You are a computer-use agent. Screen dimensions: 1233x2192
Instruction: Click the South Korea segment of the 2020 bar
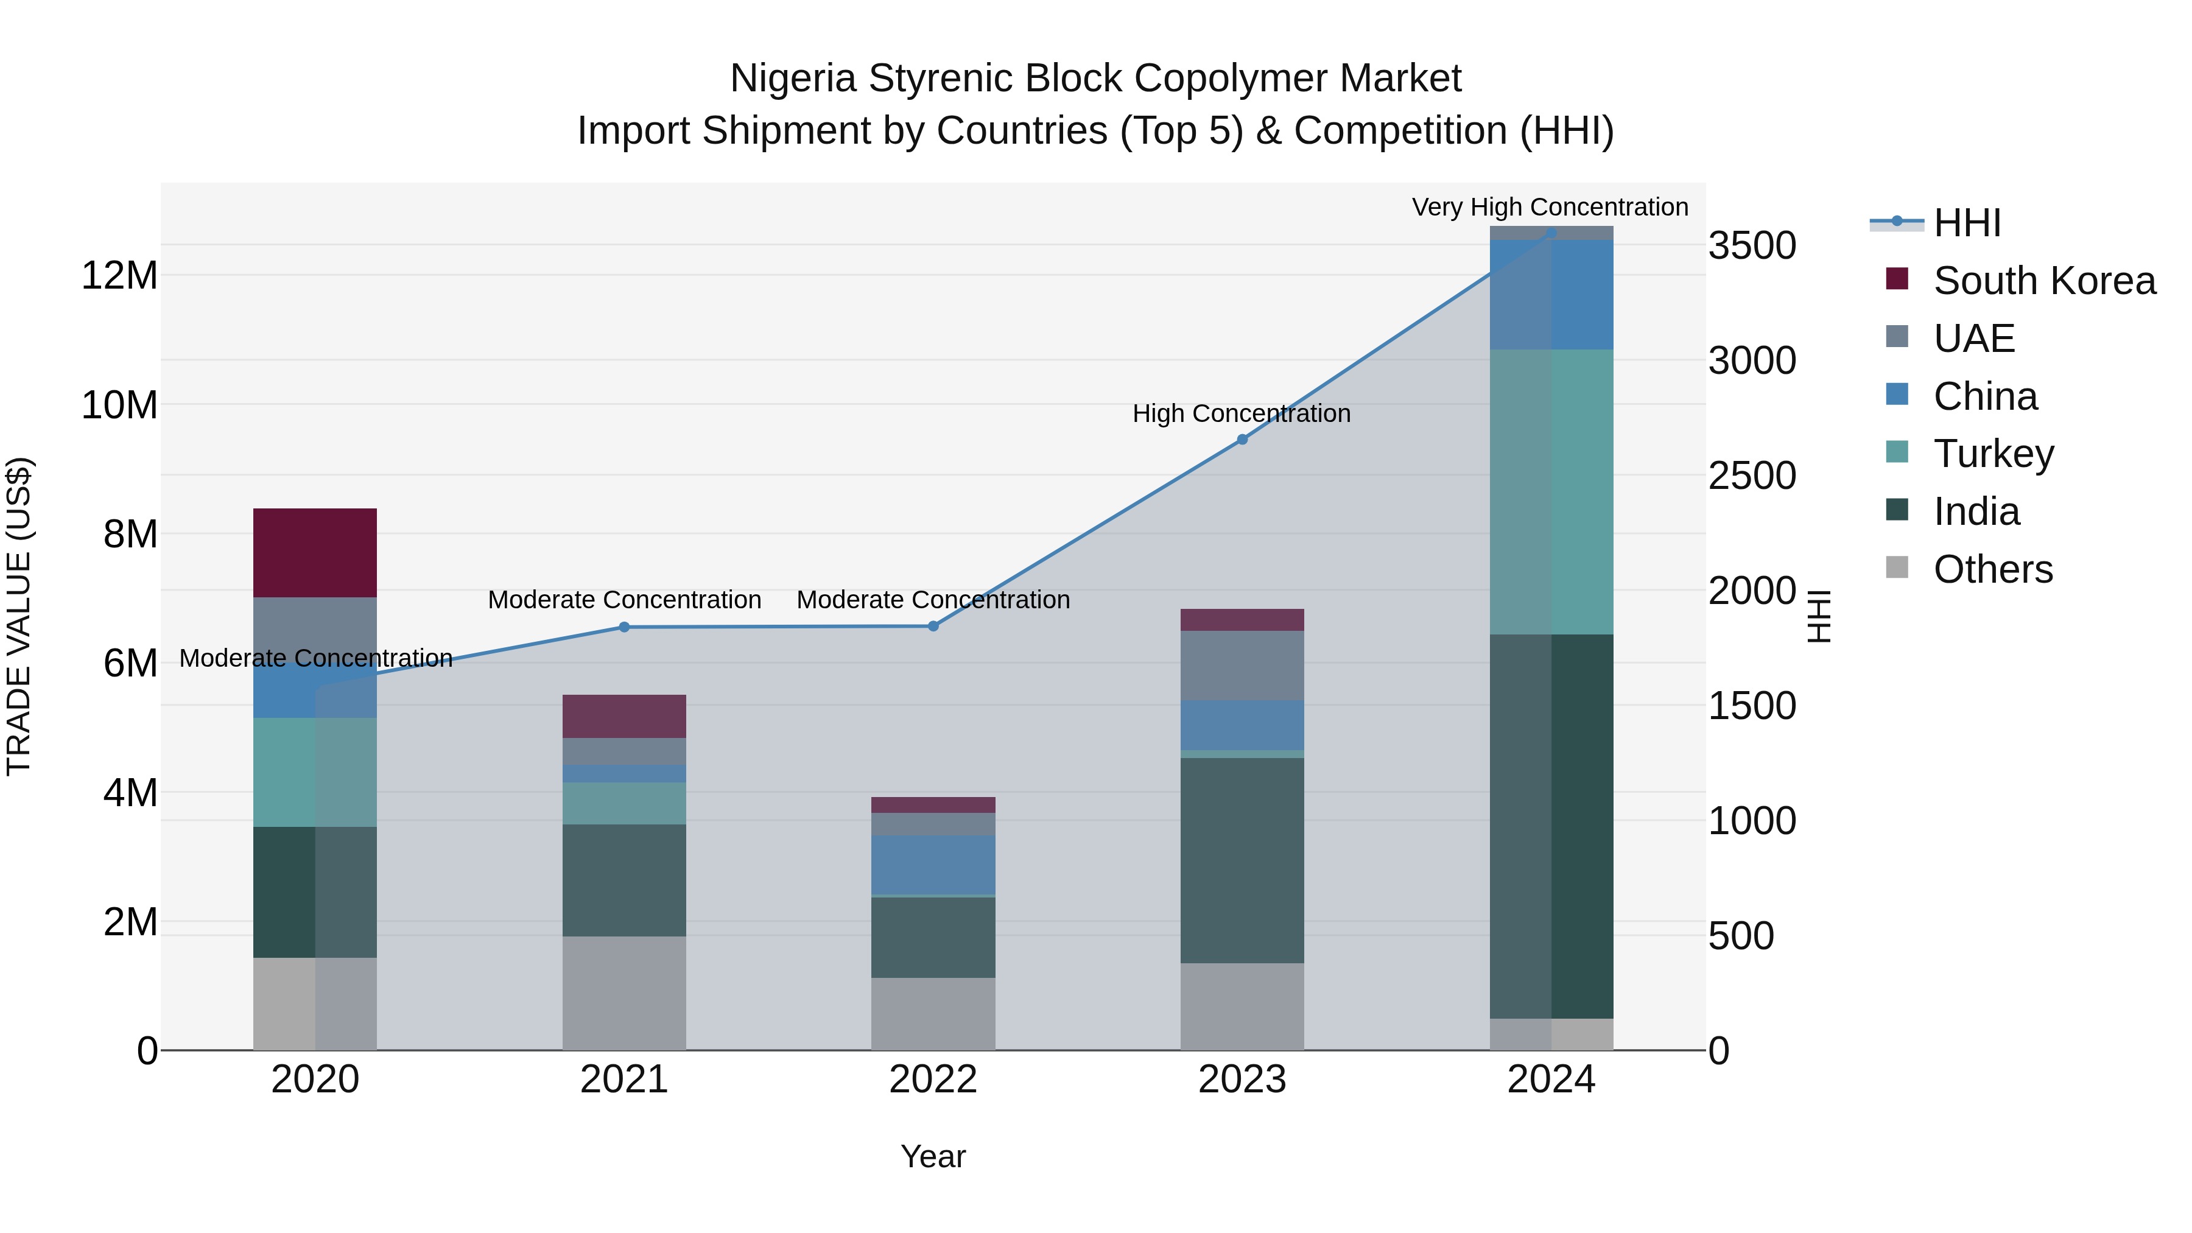pos(315,552)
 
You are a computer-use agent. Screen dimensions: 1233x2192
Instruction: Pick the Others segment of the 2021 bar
pos(624,992)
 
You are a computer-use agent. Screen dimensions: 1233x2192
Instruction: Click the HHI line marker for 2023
pos(1242,439)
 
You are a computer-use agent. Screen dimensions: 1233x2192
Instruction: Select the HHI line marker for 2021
pos(624,627)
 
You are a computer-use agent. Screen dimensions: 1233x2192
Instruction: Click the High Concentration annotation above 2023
pos(1241,413)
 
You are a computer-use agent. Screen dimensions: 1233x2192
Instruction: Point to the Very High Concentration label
pos(1550,207)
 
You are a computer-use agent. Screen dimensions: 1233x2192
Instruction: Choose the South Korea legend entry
pos(2044,280)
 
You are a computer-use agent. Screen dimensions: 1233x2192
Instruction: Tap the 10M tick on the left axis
pos(119,405)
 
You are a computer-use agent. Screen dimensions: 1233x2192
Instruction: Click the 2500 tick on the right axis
pos(1752,476)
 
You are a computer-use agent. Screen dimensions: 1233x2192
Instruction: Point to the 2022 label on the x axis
pos(933,1080)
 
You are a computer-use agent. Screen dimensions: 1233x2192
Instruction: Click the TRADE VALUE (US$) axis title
pos(19,616)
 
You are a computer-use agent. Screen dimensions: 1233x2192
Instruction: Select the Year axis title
pos(933,1156)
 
